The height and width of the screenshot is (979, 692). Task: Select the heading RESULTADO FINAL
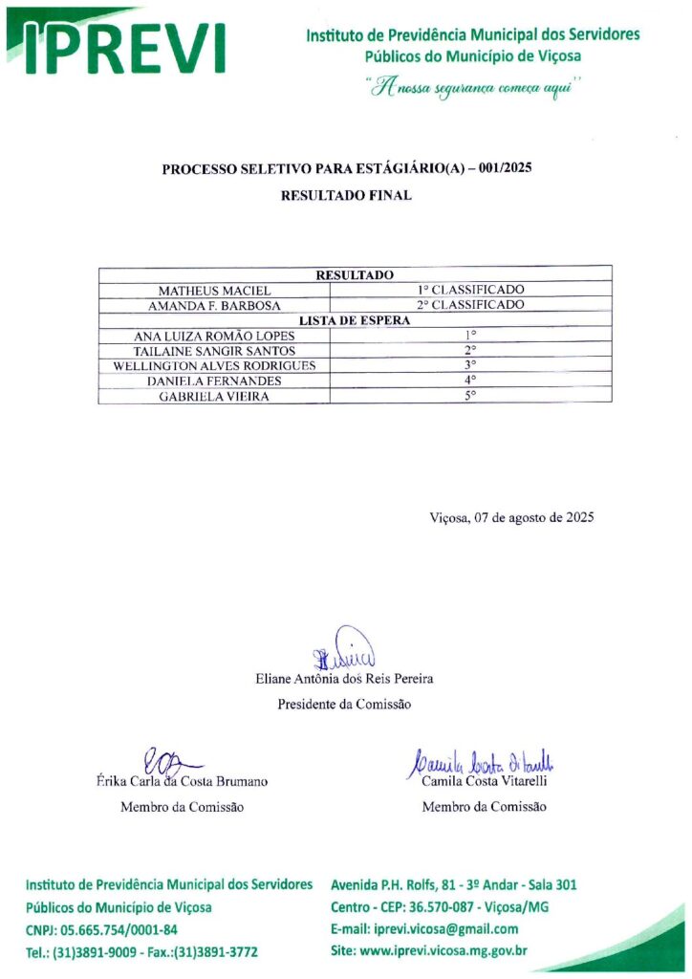[x=346, y=195]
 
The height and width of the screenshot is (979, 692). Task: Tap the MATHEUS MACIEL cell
[x=215, y=290]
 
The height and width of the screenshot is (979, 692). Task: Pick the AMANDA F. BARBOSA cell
[x=215, y=305]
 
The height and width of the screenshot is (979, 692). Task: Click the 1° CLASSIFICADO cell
[x=470, y=290]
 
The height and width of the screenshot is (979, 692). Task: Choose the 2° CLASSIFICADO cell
[x=470, y=305]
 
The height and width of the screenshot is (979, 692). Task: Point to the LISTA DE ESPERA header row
[x=355, y=320]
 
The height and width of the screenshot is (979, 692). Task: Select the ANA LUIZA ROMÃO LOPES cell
[x=215, y=336]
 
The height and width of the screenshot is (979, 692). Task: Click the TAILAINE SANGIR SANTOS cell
[x=215, y=351]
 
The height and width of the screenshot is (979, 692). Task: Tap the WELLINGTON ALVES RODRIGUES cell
[x=215, y=366]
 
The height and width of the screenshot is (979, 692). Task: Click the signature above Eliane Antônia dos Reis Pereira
[x=345, y=650]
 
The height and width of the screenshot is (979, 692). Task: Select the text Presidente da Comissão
[x=344, y=705]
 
